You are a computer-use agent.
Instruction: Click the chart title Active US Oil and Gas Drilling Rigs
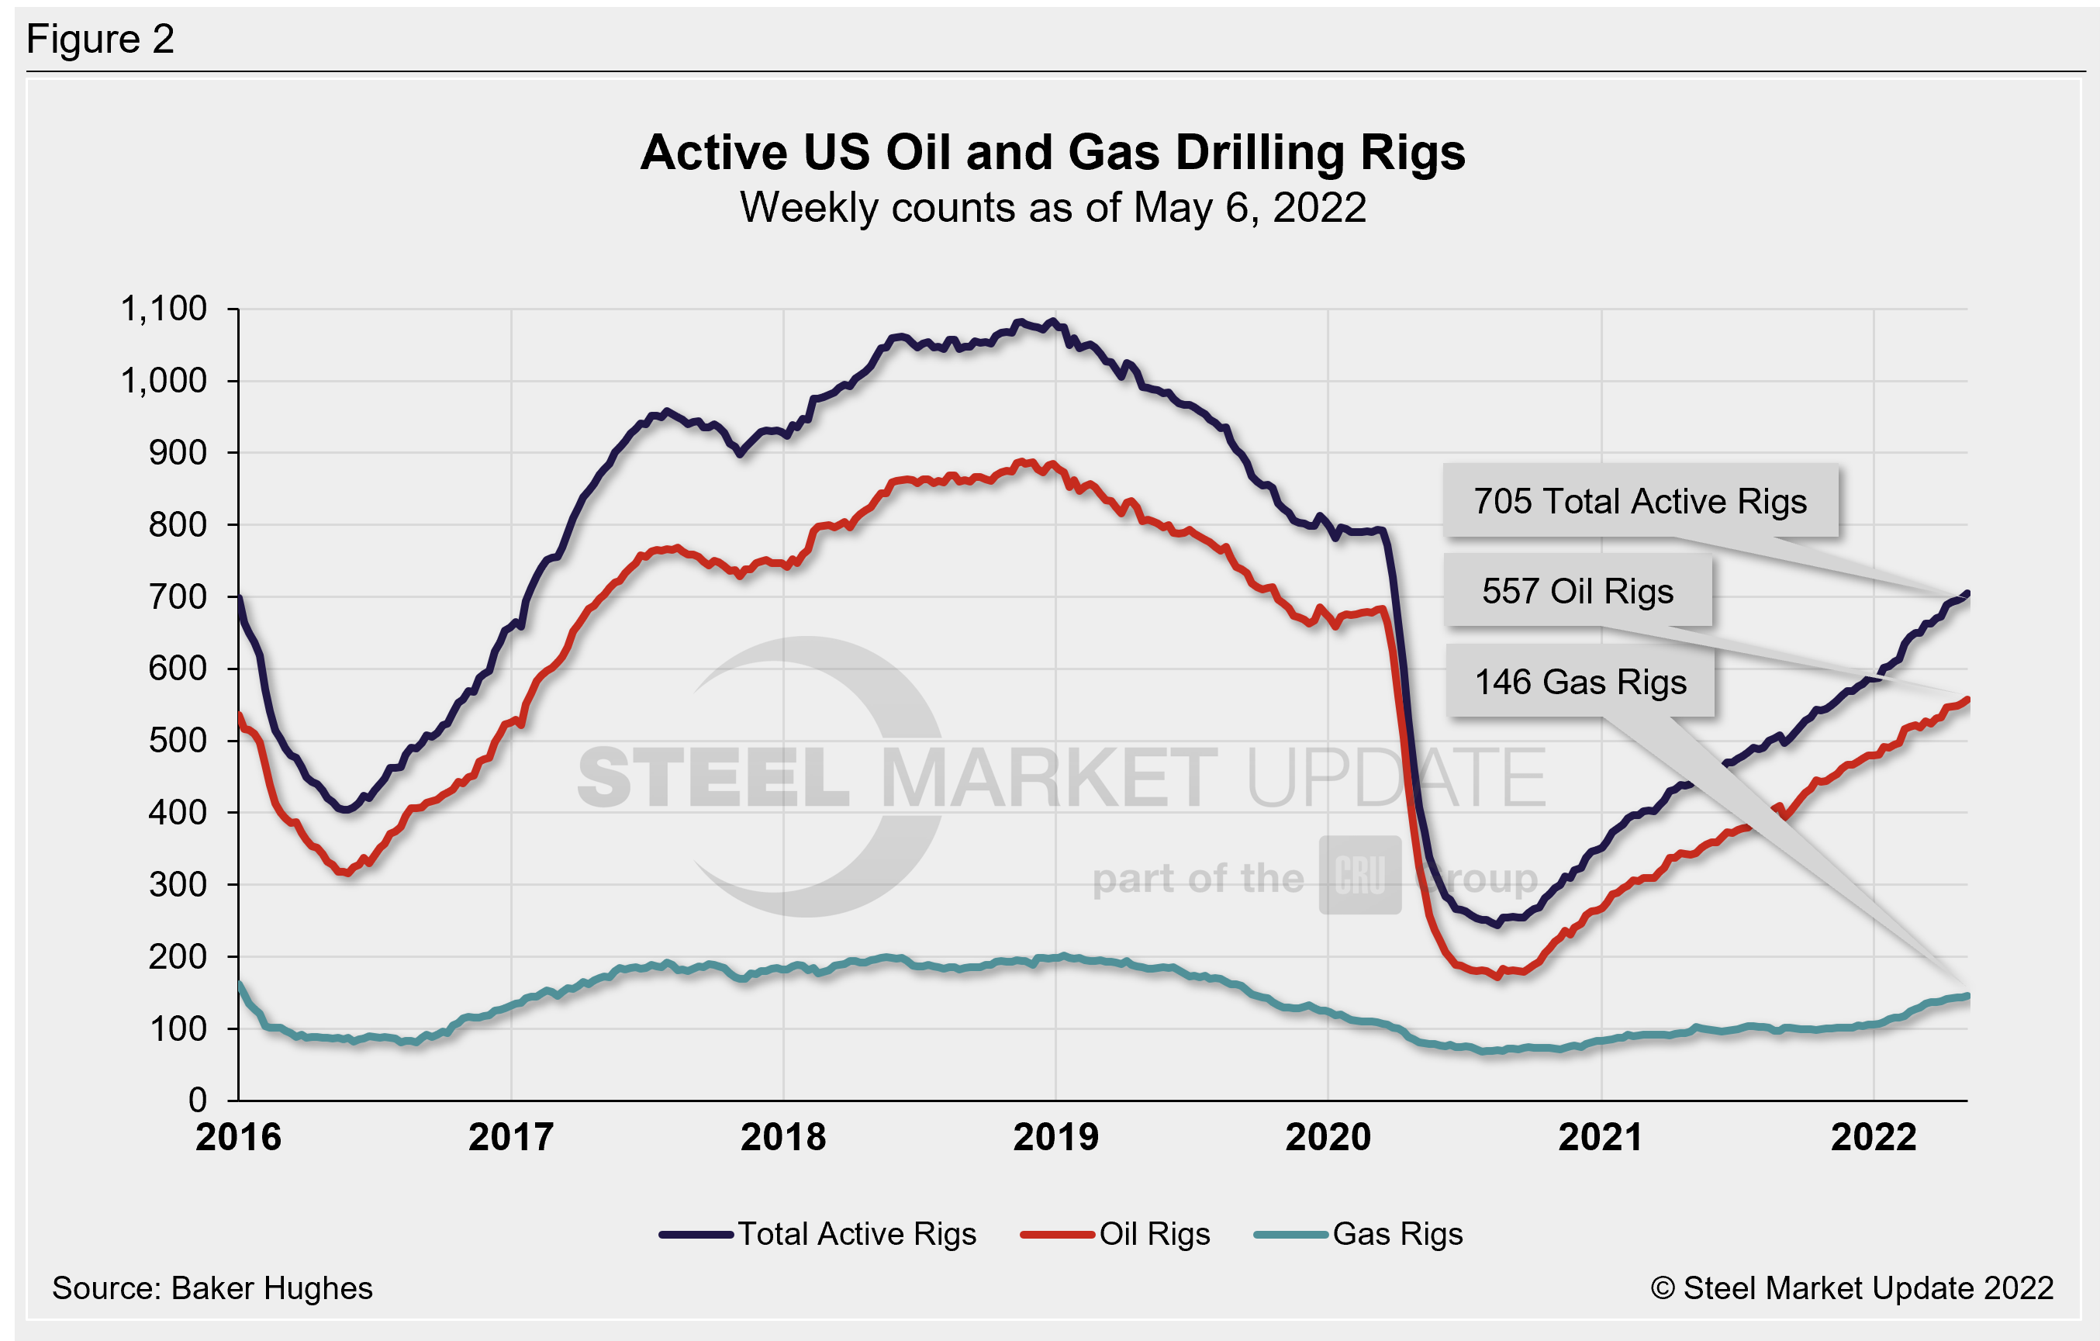point(1052,153)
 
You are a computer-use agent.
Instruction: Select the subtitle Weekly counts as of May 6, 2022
point(1052,208)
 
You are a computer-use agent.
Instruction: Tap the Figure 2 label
point(100,40)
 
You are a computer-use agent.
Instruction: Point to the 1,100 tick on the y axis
point(164,309)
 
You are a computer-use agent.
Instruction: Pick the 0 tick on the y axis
point(198,1101)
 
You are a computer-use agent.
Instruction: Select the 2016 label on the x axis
point(238,1137)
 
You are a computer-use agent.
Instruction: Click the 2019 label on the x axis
point(1055,1137)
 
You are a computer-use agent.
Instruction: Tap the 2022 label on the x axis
point(1874,1137)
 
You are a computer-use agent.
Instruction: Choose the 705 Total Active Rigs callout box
point(1640,501)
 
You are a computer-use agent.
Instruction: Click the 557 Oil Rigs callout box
point(1577,592)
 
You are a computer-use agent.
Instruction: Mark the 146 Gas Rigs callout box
point(1580,682)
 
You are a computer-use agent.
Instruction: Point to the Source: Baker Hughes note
point(212,1287)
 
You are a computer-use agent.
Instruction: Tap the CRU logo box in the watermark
point(1359,875)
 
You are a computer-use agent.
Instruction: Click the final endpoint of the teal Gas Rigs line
point(1967,997)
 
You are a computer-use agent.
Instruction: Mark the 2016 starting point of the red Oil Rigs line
point(240,715)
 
